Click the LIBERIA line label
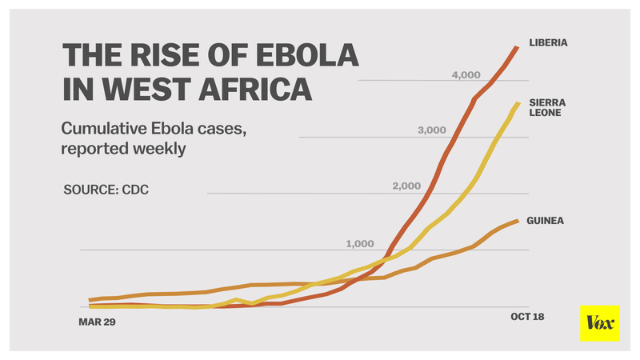tap(547, 42)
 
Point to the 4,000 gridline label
tap(466, 75)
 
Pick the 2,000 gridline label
tap(406, 186)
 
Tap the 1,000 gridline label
tap(360, 243)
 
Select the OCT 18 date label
tap(527, 317)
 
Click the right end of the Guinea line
tap(519, 220)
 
